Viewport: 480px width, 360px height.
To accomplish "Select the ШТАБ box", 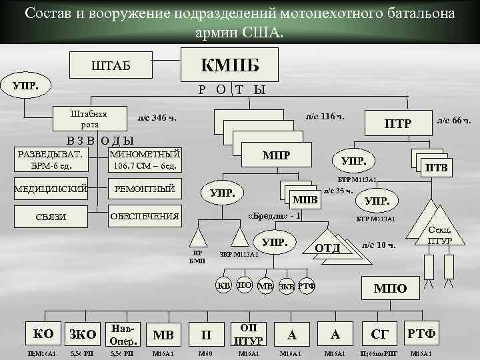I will coord(111,65).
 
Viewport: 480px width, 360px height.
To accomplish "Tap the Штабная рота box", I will coord(89,119).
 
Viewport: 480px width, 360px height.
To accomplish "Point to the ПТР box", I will coord(398,123).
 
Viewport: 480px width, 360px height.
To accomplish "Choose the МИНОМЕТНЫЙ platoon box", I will coord(145,160).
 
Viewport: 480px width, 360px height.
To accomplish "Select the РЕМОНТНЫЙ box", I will coord(145,189).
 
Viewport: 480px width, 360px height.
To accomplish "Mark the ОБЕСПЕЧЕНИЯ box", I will coord(145,216).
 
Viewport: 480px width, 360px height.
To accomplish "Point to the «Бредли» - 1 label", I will coord(274,216).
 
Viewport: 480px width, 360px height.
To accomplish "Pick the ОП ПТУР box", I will coord(247,333).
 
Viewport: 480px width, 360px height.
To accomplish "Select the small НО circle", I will coord(244,285).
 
